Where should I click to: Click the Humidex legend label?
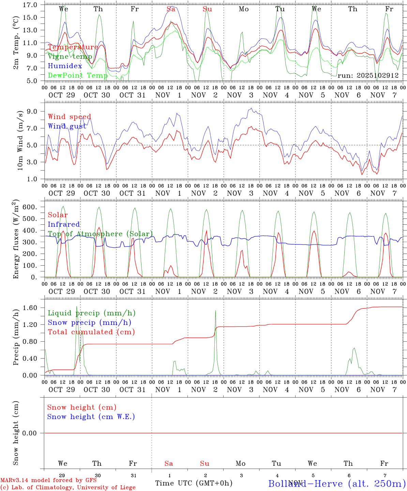point(65,66)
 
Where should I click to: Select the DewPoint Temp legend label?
point(78,75)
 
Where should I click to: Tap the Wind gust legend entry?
point(67,126)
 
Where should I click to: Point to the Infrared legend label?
point(64,224)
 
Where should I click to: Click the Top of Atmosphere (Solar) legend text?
point(100,234)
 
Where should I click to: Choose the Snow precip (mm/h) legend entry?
point(89,323)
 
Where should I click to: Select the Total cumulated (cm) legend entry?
point(91,332)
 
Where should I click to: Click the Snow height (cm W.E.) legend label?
point(91,417)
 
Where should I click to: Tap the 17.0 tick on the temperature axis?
point(30,5)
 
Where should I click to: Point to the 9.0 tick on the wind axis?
point(32,111)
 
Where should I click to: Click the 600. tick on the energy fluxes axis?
point(30,207)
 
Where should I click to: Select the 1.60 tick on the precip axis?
point(30,308)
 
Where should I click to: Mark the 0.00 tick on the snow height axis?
point(30,433)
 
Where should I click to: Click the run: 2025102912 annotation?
point(368,76)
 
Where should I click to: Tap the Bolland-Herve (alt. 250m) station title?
point(336,483)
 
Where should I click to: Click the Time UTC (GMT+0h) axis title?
point(194,483)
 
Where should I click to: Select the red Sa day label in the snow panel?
point(169,463)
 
